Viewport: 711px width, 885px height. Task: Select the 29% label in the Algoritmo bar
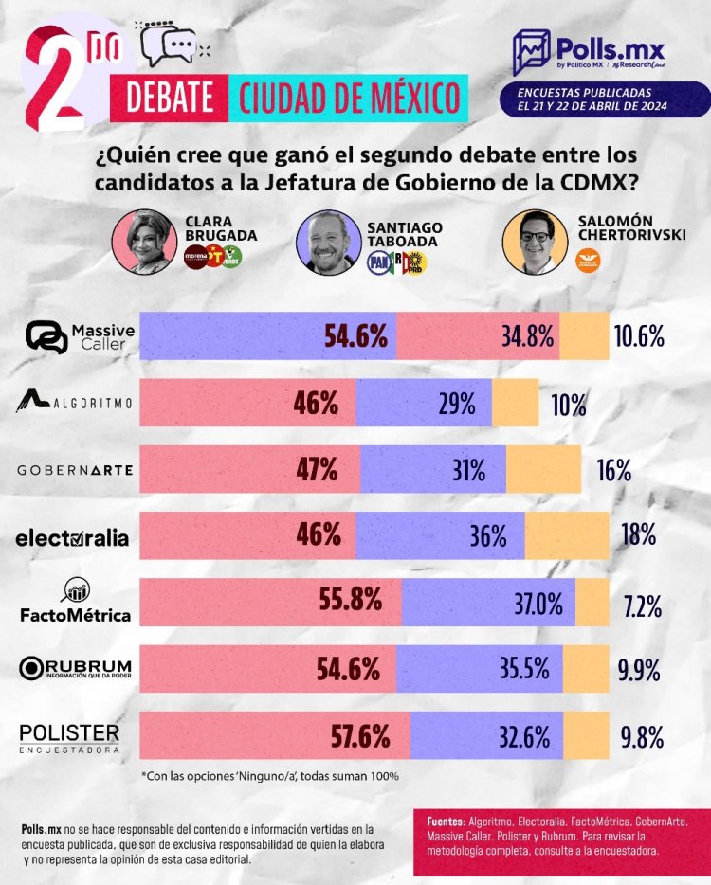point(456,404)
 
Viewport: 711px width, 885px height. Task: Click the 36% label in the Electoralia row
point(488,535)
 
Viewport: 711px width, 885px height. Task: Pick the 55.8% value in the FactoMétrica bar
point(353,600)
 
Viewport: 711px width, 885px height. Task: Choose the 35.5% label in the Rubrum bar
point(524,667)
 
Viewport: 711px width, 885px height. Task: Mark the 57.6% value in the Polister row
point(359,735)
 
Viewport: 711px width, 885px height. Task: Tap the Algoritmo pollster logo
point(75,403)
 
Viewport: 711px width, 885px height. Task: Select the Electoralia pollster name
point(72,537)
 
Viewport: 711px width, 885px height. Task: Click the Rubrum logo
point(75,667)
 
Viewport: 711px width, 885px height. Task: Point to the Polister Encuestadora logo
point(69,736)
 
